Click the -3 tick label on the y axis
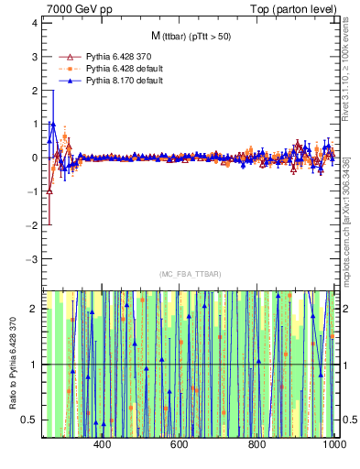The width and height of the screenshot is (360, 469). pos(32,259)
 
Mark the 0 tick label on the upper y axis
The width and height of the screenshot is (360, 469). pos(34,158)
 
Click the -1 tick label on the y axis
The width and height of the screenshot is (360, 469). pos(32,191)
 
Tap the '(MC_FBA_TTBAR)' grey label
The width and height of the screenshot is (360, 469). pos(190,275)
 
